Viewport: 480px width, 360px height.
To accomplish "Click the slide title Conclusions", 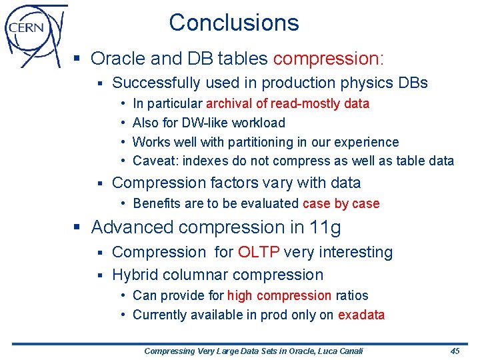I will click(x=234, y=23).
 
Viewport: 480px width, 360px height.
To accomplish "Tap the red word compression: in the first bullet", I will click(x=329, y=59).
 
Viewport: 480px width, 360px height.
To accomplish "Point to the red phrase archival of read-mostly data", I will click(x=287, y=103).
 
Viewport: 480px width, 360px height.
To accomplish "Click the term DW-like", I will click(x=201, y=123).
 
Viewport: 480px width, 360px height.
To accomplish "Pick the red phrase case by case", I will click(x=341, y=204).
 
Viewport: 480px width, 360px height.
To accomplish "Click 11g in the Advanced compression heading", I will click(x=325, y=228).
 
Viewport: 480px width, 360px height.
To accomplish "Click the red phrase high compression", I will click(x=279, y=295).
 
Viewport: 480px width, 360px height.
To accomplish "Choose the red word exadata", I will click(x=361, y=315).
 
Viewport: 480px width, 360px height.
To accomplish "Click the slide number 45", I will click(x=455, y=351).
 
